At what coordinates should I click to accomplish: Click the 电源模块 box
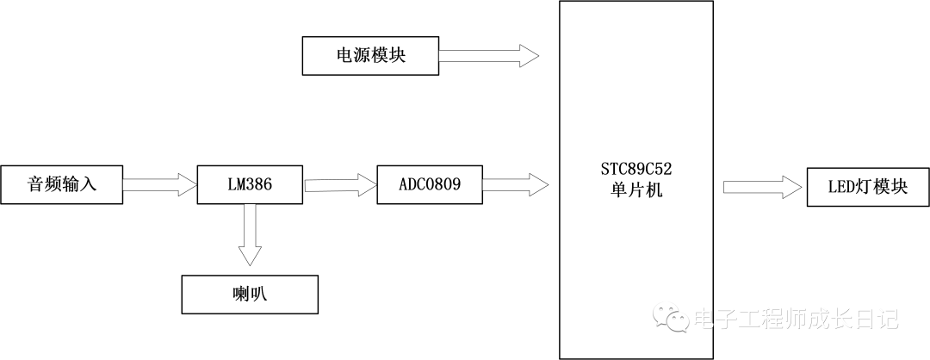[x=370, y=56]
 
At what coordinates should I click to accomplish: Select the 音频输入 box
[x=62, y=184]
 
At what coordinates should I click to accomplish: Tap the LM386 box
[x=250, y=184]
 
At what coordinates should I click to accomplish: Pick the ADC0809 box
[x=430, y=184]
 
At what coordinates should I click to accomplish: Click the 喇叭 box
[x=250, y=294]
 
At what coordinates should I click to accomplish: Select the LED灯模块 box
[x=868, y=187]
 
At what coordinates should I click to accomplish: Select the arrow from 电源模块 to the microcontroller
[x=488, y=57]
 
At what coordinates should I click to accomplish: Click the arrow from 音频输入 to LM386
[x=160, y=184]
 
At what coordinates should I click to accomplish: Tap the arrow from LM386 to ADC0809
[x=340, y=184]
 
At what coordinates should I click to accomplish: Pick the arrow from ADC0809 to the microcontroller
[x=515, y=183]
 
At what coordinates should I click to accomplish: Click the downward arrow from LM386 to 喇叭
[x=250, y=235]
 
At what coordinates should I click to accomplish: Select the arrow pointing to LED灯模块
[x=763, y=187]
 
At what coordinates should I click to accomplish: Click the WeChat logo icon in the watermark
[x=672, y=318]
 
